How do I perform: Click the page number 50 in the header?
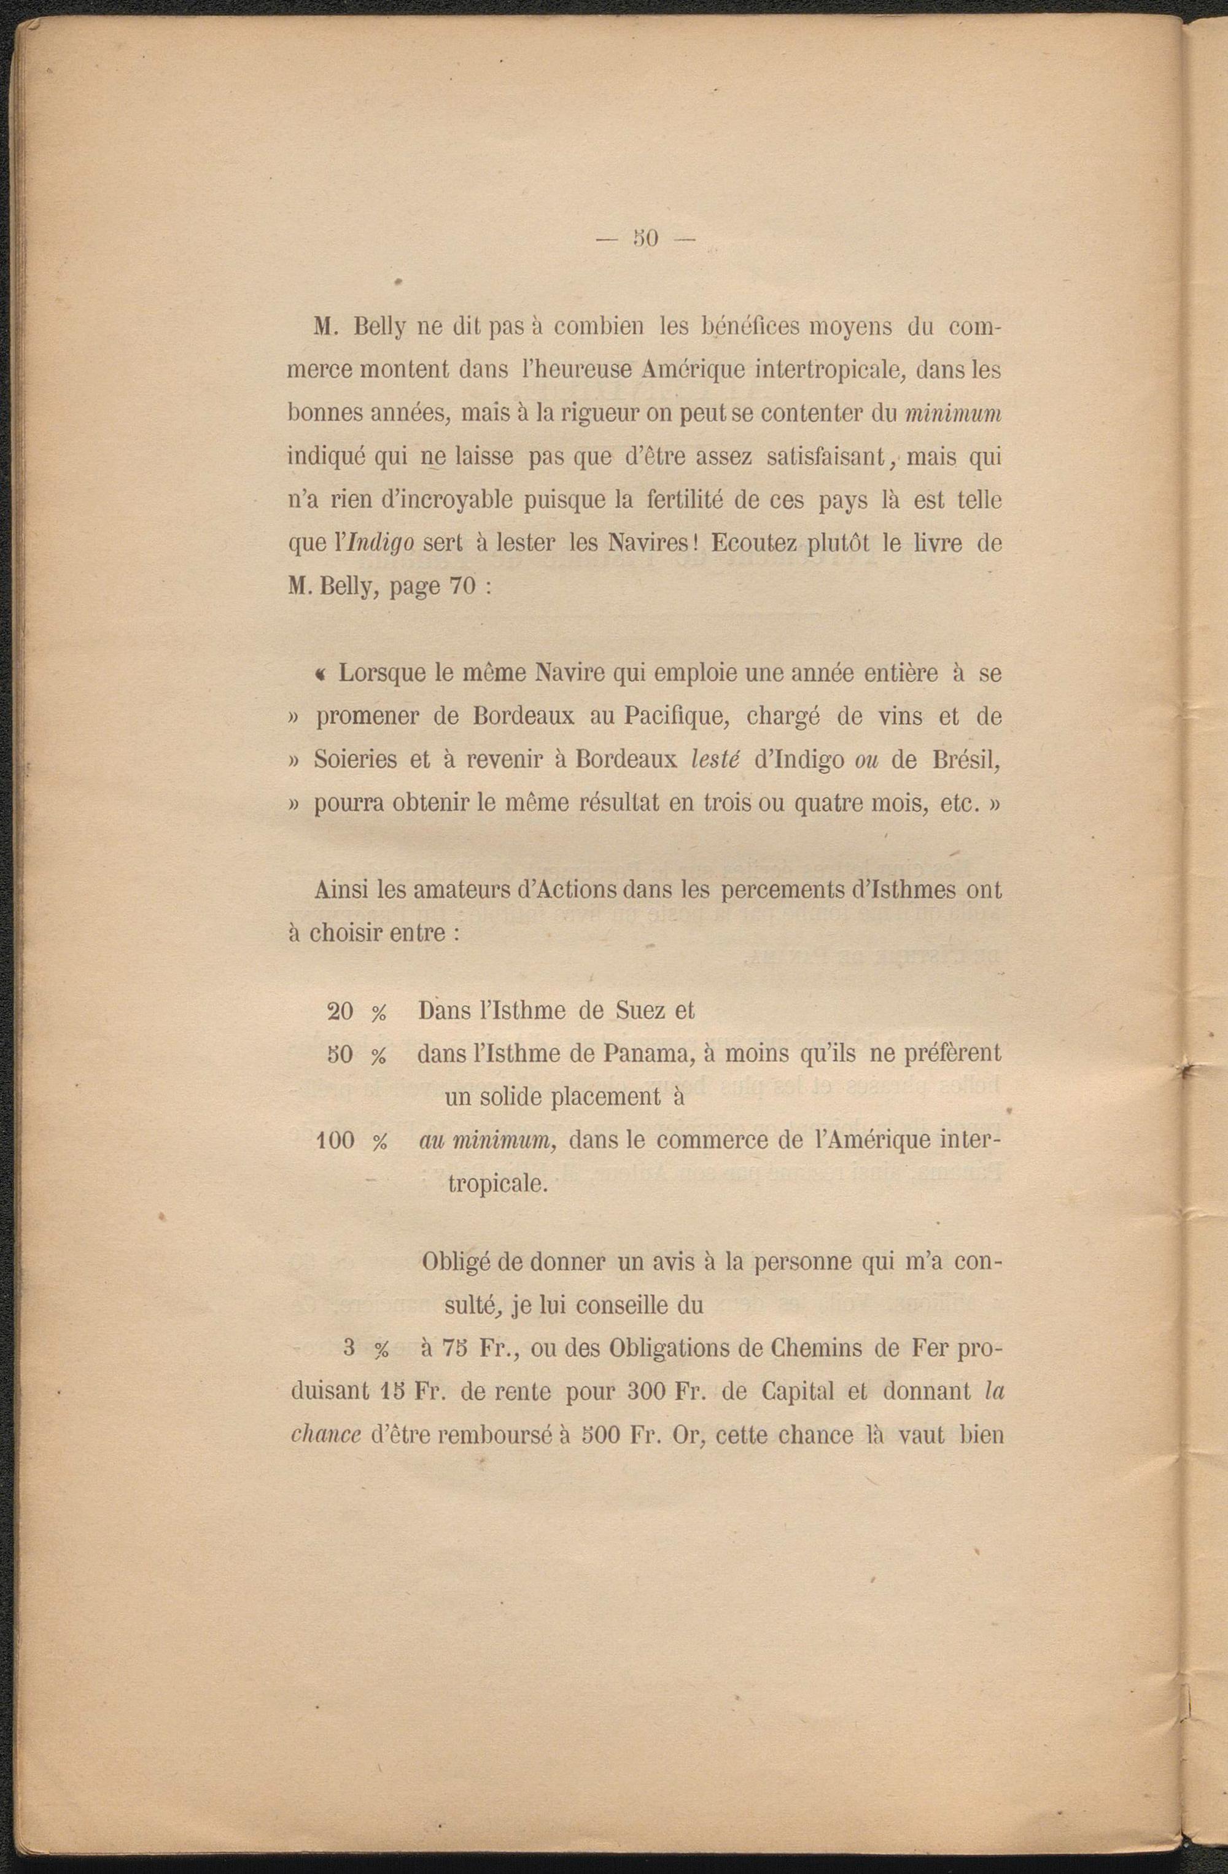point(646,238)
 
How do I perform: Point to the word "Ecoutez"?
point(756,544)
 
